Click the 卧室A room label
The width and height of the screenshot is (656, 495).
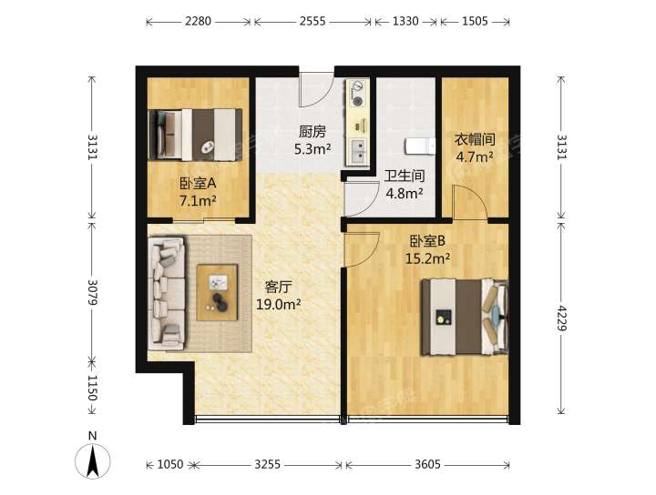pos(198,183)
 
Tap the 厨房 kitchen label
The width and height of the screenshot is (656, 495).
pos(313,132)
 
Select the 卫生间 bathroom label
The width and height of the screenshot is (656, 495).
pos(405,176)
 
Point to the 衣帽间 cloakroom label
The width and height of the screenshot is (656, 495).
pos(475,139)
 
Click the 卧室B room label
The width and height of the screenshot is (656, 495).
pos(427,241)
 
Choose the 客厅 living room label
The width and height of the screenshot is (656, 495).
pos(278,287)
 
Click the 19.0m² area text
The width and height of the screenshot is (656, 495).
pos(278,304)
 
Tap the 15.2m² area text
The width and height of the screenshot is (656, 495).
pos(427,258)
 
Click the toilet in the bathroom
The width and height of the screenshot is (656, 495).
pos(420,147)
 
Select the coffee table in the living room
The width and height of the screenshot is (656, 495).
pos(217,292)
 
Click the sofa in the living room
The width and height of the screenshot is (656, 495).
pos(167,294)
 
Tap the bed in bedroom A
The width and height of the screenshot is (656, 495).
pos(195,135)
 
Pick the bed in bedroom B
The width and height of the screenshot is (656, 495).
pos(465,318)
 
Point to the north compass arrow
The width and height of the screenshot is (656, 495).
pos(92,461)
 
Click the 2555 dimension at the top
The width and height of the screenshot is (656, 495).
pos(313,21)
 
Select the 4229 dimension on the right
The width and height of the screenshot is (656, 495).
pos(561,318)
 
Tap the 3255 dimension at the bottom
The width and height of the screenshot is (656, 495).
pos(267,464)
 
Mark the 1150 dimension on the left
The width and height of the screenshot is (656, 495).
pos(92,388)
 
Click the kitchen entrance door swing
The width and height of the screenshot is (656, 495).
pos(315,90)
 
